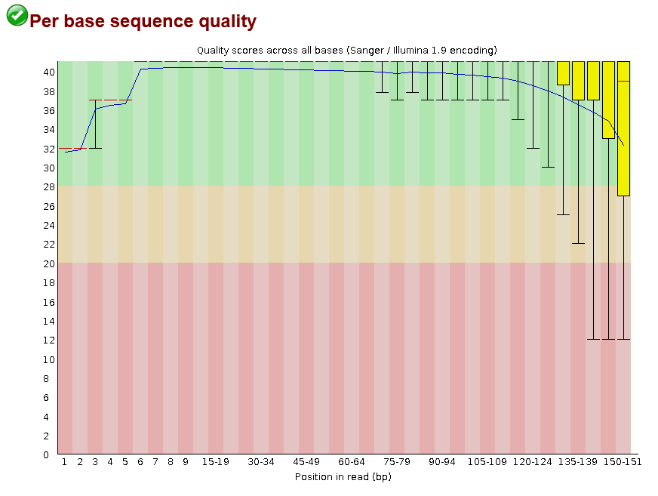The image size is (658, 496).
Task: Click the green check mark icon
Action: [x=17, y=15]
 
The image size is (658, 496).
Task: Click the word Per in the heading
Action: [x=45, y=22]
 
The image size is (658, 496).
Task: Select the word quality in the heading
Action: [x=228, y=22]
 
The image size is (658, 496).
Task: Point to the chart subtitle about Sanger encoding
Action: [x=346, y=50]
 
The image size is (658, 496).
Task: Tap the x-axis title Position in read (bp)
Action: [x=343, y=476]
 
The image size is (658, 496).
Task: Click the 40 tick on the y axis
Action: [x=48, y=72]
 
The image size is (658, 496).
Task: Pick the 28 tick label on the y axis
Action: [x=48, y=186]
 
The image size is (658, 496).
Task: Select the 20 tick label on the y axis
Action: [x=48, y=263]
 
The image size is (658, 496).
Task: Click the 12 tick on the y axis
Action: [x=48, y=340]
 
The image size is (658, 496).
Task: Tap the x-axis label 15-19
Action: [x=216, y=461]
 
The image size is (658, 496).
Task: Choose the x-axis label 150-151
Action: [x=623, y=461]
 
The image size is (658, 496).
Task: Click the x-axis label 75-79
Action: [x=397, y=461]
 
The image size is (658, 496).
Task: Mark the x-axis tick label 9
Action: [x=186, y=461]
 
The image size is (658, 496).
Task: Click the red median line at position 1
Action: [x=66, y=149]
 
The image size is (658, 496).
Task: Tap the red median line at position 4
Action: [x=110, y=100]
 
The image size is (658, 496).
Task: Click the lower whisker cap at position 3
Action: [x=95, y=149]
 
